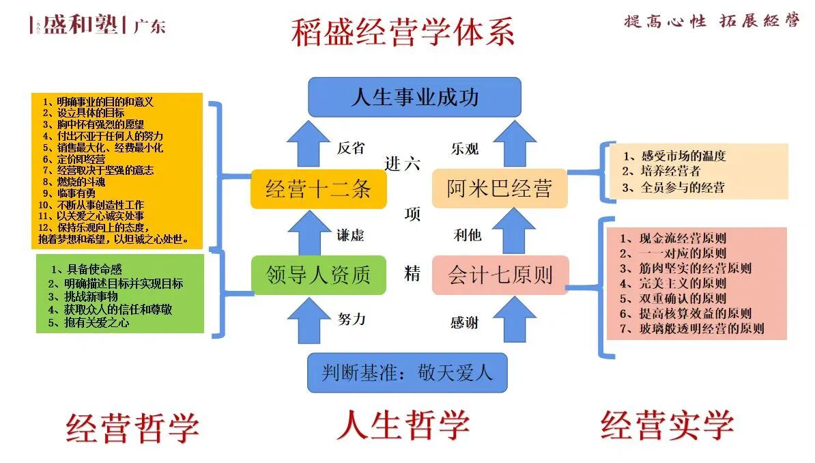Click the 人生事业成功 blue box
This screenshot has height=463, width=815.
(x=414, y=97)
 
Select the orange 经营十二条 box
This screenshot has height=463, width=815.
(x=318, y=188)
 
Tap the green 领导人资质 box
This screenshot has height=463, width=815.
(x=318, y=275)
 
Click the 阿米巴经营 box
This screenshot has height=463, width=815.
(x=500, y=188)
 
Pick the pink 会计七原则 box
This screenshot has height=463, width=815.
(x=500, y=275)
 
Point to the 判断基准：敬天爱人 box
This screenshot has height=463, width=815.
(x=407, y=372)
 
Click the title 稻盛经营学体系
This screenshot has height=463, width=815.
(x=403, y=32)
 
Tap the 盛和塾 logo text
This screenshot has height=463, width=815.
(x=81, y=25)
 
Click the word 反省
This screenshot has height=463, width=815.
(x=351, y=148)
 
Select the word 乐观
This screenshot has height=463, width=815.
(x=465, y=149)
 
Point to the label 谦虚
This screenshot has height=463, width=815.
(x=350, y=235)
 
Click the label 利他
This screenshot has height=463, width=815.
(x=468, y=235)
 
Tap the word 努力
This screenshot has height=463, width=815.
(x=352, y=318)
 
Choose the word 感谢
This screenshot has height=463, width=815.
(x=464, y=322)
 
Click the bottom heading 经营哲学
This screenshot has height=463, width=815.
(x=132, y=427)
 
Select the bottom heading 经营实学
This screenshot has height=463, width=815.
(x=667, y=425)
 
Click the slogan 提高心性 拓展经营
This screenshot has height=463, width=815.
(x=711, y=20)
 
